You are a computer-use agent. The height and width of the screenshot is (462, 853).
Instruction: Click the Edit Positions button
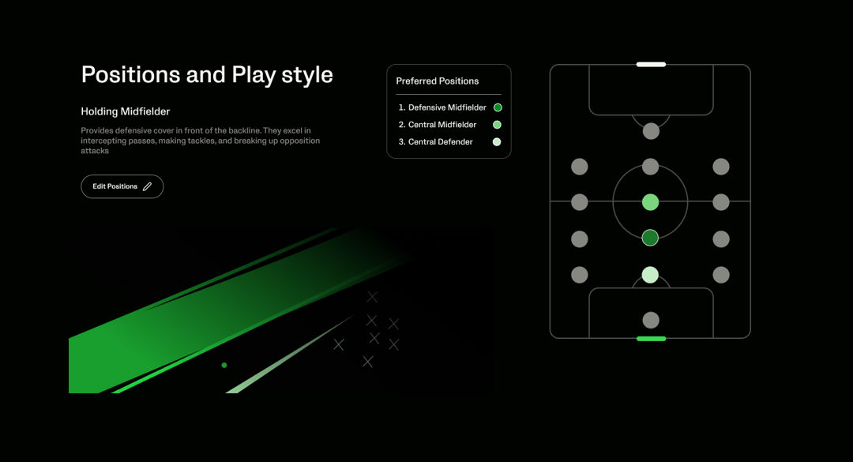point(122,186)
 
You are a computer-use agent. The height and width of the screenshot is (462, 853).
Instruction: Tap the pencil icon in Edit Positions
point(147,186)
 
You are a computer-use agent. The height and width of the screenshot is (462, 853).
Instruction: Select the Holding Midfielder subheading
point(125,111)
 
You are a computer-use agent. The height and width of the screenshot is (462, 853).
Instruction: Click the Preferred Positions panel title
point(438,81)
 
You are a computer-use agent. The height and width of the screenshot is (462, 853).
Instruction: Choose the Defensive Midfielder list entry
point(442,107)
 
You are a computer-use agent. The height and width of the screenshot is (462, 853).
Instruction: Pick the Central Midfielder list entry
point(438,125)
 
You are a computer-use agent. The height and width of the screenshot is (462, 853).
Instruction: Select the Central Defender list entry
point(436,142)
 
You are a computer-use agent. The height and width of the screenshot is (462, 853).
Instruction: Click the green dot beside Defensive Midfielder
point(498,107)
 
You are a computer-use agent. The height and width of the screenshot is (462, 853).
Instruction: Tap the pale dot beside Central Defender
point(497,142)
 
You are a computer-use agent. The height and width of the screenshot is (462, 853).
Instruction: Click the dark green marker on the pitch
point(650,238)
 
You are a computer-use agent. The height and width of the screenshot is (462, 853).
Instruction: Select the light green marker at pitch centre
point(650,202)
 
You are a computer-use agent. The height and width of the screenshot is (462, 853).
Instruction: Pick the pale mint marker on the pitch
point(650,275)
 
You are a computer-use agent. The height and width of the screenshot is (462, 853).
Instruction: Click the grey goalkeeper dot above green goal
point(651,320)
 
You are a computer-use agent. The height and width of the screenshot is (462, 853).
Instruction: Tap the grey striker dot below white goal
point(651,131)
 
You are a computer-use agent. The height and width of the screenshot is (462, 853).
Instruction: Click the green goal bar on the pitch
point(651,339)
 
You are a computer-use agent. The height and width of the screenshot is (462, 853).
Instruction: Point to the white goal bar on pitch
point(651,64)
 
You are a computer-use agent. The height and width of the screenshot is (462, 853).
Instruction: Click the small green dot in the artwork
point(224,365)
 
